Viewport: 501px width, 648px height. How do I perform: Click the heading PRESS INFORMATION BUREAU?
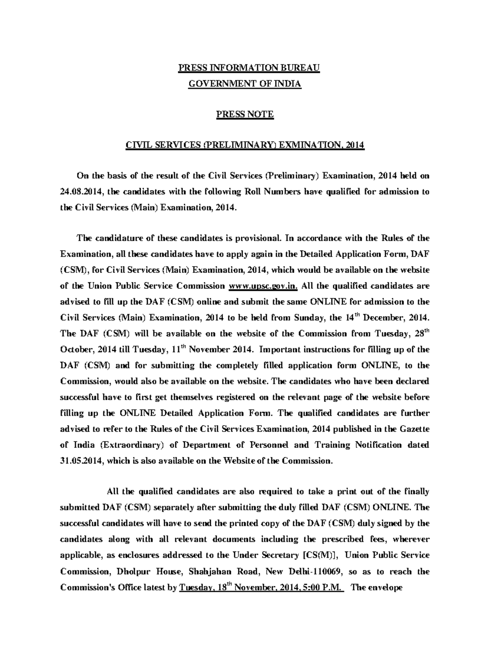point(249,68)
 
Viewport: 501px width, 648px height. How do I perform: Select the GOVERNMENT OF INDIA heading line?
point(245,84)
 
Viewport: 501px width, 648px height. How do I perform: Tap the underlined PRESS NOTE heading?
point(245,114)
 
